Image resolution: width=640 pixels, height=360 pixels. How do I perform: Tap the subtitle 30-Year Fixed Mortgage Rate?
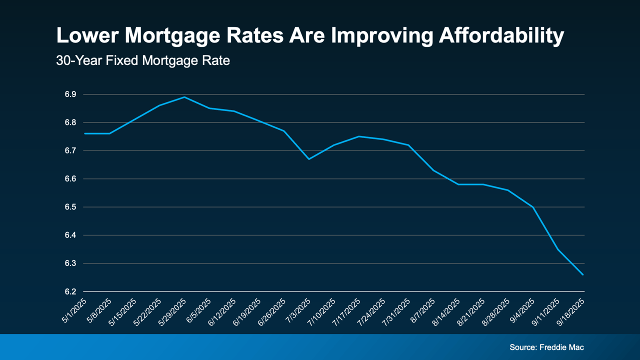pyautogui.click(x=143, y=61)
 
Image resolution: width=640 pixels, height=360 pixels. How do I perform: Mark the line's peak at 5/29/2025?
pyautogui.click(x=184, y=97)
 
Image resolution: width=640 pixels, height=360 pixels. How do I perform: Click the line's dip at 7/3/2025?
pyautogui.click(x=309, y=159)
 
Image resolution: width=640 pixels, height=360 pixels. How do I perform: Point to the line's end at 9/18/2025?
pyautogui.click(x=583, y=274)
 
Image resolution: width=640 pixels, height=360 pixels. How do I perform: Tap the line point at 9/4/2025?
pyautogui.click(x=533, y=207)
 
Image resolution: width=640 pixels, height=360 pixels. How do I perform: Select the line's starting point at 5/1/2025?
pyautogui.click(x=85, y=133)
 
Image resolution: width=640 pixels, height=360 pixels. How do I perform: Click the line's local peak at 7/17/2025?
pyautogui.click(x=359, y=136)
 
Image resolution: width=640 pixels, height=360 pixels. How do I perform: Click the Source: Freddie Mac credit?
pyautogui.click(x=546, y=347)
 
